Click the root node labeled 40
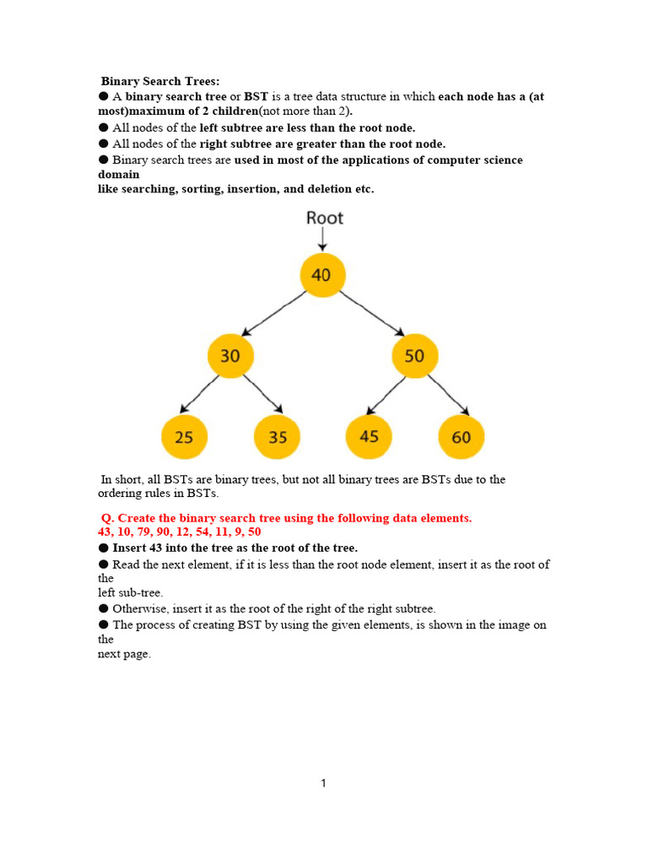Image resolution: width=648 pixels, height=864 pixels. coord(322,275)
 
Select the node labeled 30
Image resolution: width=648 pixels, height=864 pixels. coord(230,356)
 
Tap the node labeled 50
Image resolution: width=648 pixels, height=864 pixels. coord(414,356)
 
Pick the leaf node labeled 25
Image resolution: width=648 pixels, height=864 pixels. coord(184,437)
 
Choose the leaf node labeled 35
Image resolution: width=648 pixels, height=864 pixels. coord(277,437)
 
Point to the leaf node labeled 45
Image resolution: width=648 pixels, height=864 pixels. coord(369,436)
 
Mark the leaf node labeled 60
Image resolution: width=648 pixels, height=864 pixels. coord(461,437)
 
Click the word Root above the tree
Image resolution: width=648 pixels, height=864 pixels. coord(325,219)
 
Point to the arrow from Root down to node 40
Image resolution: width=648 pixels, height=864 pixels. coord(322,240)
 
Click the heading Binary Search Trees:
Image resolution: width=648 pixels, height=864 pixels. coord(160,81)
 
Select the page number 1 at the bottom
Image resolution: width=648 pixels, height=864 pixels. coord(323,783)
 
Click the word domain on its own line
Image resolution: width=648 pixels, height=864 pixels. coord(119,174)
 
